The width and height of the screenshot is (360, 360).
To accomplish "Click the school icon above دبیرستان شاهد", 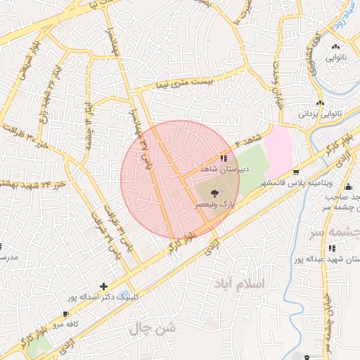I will (224, 158).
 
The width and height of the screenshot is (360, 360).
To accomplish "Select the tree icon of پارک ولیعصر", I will (214, 192).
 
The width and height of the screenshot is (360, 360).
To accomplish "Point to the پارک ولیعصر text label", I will (214, 204).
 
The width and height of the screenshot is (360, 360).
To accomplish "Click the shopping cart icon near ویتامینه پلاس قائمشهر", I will (296, 172).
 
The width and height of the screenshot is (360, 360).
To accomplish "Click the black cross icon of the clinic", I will (104, 286).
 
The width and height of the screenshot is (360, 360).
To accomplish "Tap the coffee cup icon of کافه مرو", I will (65, 314).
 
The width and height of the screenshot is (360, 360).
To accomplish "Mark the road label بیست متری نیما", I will (187, 83).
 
